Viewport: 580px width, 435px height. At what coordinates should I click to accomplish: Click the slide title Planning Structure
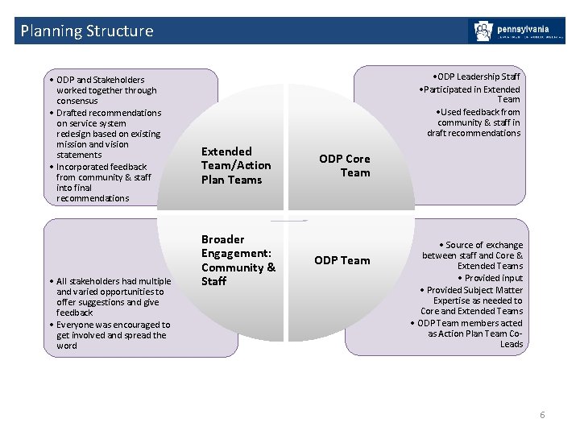point(86,31)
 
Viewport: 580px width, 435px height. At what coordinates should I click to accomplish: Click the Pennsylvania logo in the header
point(516,31)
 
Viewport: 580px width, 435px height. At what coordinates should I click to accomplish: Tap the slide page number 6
point(542,415)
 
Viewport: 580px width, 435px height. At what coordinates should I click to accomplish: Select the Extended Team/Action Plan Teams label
point(235,165)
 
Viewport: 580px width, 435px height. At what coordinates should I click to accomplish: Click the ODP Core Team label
point(344,166)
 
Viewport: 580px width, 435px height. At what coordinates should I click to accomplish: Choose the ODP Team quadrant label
point(342,260)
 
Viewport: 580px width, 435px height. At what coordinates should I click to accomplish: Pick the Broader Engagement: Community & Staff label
point(238,260)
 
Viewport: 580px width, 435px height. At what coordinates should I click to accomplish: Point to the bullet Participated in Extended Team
point(472,94)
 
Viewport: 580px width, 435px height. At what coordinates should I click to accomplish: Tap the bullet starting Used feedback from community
point(477,122)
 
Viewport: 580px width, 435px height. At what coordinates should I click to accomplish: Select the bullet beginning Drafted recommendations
point(108,134)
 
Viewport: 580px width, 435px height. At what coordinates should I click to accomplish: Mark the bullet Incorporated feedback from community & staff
point(103,182)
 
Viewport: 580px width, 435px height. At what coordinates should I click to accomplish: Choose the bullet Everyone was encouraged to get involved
point(112,335)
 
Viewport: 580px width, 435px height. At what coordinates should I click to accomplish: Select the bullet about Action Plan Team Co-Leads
point(469,333)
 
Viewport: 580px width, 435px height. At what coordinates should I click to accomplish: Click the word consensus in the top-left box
point(79,101)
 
